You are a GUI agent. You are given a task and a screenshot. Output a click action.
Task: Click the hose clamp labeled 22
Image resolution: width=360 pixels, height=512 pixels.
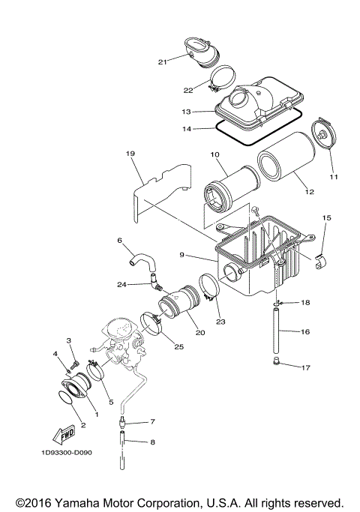[222, 76]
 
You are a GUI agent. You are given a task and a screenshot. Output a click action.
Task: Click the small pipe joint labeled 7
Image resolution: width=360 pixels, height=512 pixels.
[120, 424]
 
